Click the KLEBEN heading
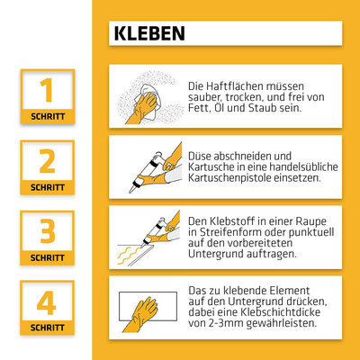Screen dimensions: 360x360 point(149,33)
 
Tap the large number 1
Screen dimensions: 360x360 point(47,90)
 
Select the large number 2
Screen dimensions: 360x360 point(47,161)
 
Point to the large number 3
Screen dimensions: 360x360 point(48,231)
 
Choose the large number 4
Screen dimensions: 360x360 point(46,302)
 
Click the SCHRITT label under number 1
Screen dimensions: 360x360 point(48,116)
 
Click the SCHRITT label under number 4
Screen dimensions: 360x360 point(48,328)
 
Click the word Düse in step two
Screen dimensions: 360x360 point(199,156)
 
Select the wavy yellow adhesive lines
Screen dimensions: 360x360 point(129,255)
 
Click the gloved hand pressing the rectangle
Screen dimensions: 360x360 point(141,314)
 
